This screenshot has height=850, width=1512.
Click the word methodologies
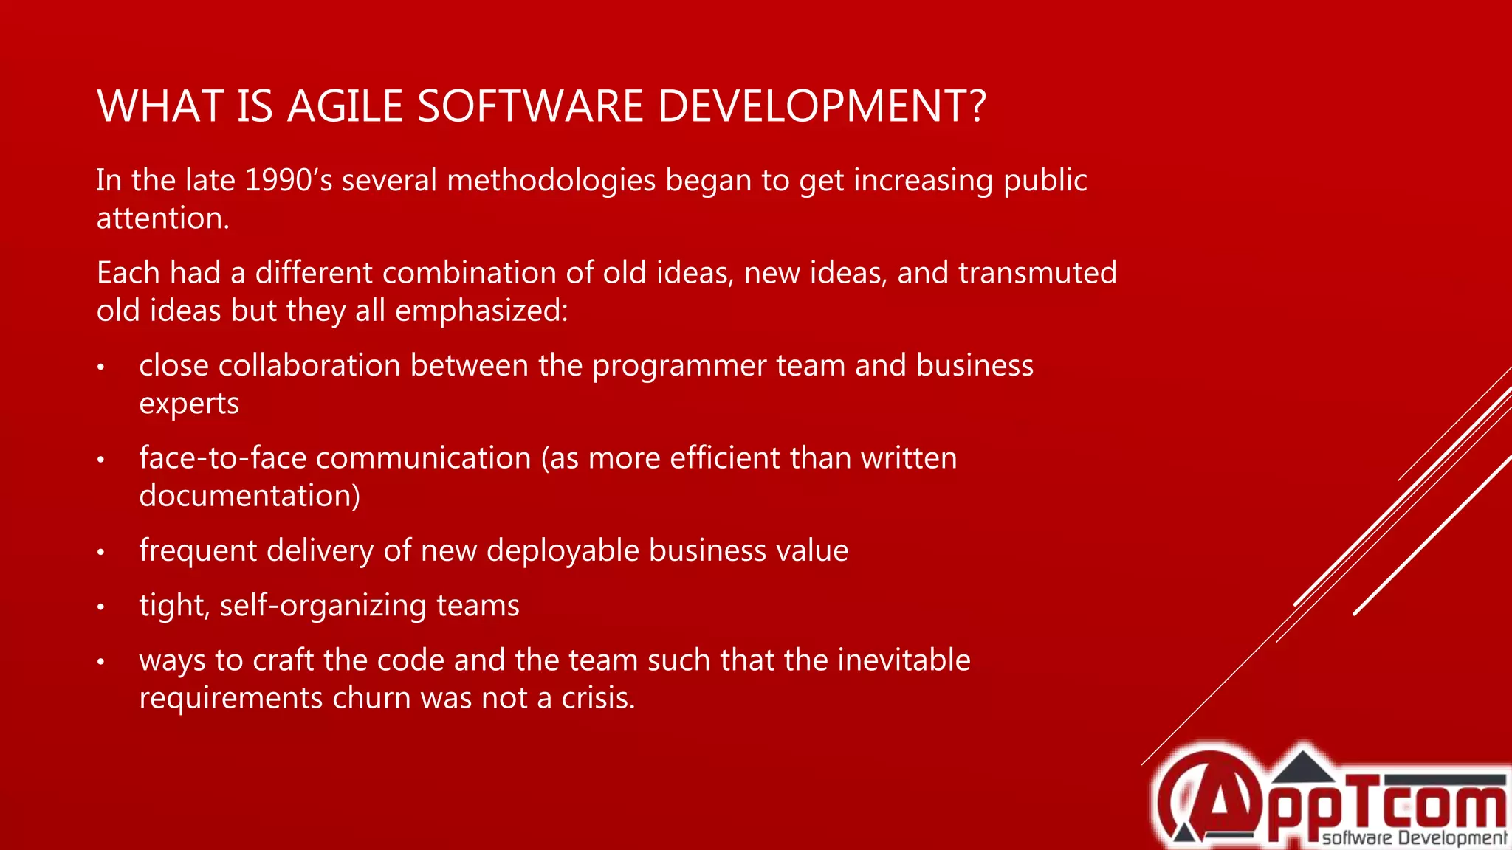tap(551, 181)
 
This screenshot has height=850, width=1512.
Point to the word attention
tap(162, 218)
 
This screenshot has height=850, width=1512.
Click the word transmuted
tap(1037, 273)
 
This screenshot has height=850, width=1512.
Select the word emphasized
tap(481, 311)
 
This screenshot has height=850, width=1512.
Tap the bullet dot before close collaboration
tap(101, 367)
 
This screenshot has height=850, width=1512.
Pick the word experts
tap(189, 404)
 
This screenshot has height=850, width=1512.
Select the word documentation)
tap(250, 496)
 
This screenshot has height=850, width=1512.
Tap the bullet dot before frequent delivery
tap(101, 552)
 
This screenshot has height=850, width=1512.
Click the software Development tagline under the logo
tap(1413, 838)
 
